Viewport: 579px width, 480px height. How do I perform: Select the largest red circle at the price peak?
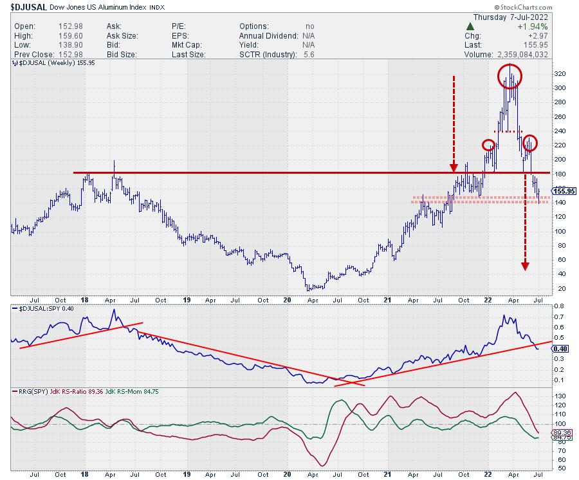click(510, 77)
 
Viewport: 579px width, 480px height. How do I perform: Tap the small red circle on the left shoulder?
click(489, 146)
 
